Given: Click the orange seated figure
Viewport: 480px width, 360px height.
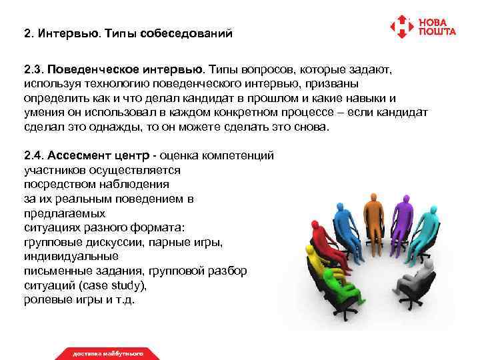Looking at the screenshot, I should tap(374, 213).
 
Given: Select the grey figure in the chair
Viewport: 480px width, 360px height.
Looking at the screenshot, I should tap(413, 283).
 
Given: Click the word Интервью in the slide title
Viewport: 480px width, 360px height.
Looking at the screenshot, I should tap(67, 33).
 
